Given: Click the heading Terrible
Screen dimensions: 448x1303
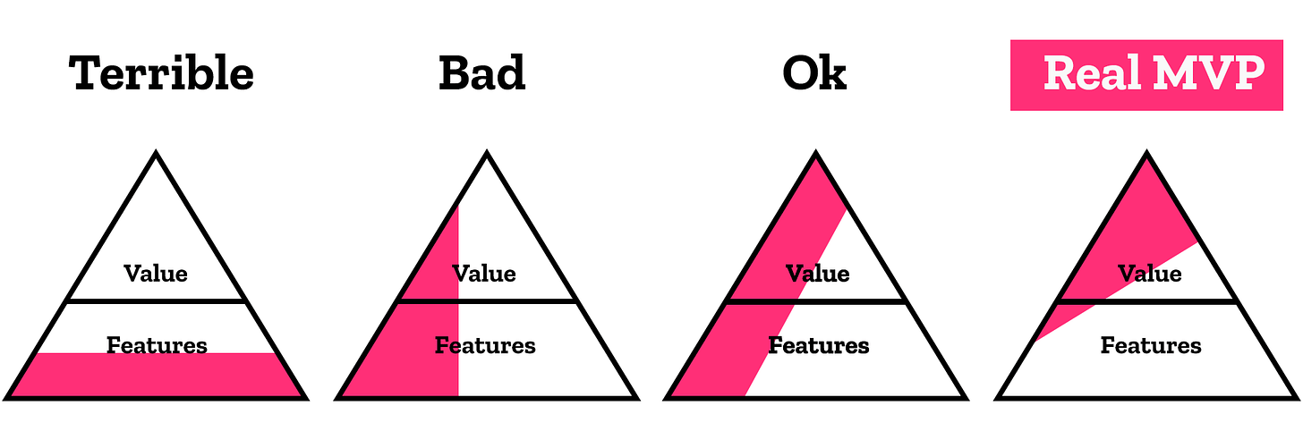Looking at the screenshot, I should (161, 74).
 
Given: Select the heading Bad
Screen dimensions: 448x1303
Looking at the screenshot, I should (481, 74).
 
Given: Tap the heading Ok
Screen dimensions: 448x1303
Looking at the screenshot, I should (813, 74).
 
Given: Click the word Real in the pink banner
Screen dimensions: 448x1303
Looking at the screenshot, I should (1093, 74).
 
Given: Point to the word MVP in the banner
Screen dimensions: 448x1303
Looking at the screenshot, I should (1209, 74).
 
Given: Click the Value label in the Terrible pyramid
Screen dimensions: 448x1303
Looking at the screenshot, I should (156, 273).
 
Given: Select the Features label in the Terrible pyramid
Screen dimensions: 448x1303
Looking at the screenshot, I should (157, 344).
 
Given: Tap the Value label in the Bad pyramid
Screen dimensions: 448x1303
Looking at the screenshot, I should (484, 273).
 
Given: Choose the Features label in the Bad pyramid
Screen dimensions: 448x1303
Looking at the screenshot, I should (485, 345).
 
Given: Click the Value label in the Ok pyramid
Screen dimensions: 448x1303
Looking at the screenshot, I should (817, 273).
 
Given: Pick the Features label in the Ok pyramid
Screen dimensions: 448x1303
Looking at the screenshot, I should (818, 345).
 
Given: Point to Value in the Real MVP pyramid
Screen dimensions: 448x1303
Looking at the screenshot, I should (1149, 273).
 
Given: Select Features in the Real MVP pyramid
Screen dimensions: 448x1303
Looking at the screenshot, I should (1151, 345).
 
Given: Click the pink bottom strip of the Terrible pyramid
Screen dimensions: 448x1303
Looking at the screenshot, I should (157, 376).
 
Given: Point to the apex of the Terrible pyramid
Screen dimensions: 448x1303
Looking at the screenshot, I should (157, 155).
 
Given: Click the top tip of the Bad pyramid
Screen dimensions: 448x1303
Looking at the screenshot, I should (486, 155).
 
